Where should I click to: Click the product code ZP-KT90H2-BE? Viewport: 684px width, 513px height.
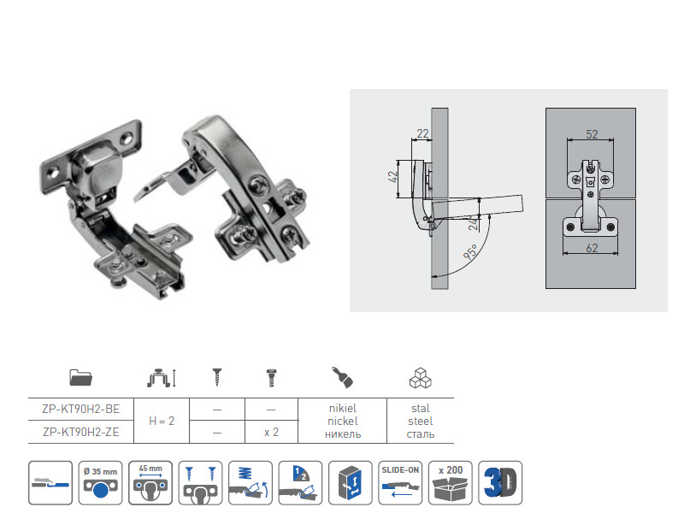pos(81,410)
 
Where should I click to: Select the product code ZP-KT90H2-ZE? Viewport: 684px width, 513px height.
pos(81,433)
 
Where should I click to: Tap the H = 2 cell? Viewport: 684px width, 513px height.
pos(162,421)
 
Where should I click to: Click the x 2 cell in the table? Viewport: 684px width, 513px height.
pos(271,433)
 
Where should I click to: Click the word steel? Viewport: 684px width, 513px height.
pos(420,421)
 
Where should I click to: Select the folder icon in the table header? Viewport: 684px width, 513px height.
pos(81,377)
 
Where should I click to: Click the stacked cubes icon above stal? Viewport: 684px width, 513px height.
pos(420,377)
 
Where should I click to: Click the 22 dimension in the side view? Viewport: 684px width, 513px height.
pos(422,133)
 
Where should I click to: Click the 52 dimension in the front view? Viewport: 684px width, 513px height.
pos(592,135)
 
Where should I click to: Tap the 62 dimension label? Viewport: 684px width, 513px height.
pos(592,248)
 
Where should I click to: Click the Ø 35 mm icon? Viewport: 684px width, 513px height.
pos(102,482)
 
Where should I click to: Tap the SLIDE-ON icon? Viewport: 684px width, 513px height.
pos(400,482)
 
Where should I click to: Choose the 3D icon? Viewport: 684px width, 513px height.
pos(499,482)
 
